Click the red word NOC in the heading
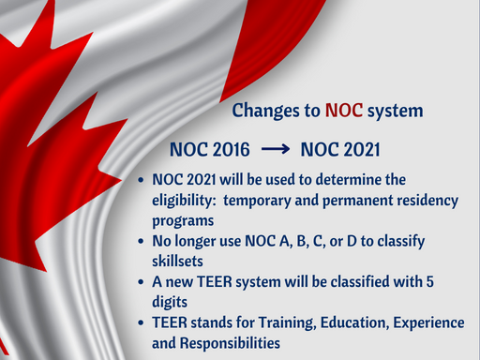coord(344,111)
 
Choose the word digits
coord(172,302)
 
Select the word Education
coord(355,322)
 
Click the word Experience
coord(430,322)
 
